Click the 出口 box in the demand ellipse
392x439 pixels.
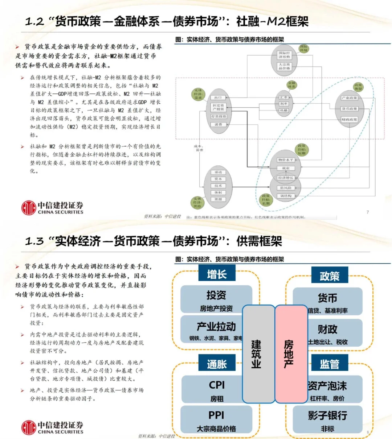[218, 98]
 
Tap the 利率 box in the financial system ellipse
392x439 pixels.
[284, 104]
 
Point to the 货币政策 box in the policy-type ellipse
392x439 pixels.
[349, 109]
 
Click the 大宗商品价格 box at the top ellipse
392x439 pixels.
[284, 66]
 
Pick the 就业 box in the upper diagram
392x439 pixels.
[286, 168]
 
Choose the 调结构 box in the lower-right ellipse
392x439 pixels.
[286, 196]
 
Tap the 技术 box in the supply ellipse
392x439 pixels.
[218, 186]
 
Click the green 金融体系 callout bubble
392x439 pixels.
[292, 85]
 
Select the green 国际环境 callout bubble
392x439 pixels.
[303, 49]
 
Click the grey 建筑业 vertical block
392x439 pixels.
[258, 354]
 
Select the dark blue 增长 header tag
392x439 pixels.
[217, 274]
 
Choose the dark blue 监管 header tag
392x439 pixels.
[329, 364]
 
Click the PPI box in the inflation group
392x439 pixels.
[216, 420]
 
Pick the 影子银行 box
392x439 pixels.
[327, 420]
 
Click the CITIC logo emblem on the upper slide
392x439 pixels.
[29, 208]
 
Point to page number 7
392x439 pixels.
[368, 212]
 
